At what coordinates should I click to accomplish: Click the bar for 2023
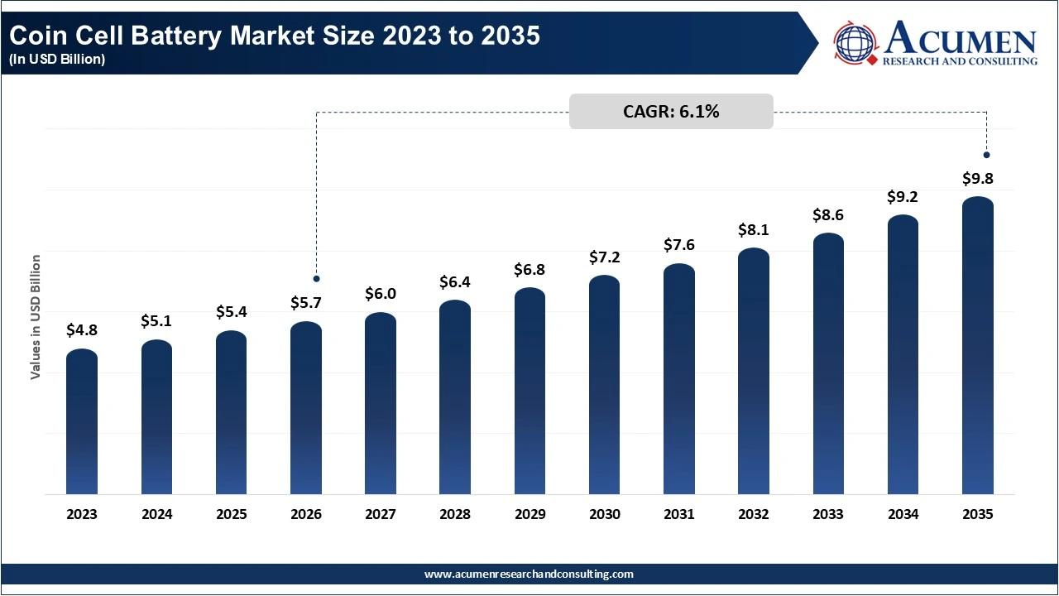coord(82,422)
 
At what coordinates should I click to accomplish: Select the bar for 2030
coord(605,385)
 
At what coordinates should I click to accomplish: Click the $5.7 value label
coord(306,303)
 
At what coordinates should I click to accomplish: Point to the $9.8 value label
coord(978,178)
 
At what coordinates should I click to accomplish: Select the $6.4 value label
coord(455,281)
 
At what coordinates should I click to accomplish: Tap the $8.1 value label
coord(754,229)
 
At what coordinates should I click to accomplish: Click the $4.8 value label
coord(82,330)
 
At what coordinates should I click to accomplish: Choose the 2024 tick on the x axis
coord(156,514)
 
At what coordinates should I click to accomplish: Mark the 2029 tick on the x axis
coord(529,514)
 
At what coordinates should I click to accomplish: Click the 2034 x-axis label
coord(903,514)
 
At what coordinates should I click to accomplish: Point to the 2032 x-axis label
coord(754,514)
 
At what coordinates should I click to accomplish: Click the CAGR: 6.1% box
coord(671,112)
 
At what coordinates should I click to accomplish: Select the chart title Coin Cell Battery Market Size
coord(273,36)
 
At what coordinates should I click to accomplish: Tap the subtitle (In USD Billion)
coord(57,60)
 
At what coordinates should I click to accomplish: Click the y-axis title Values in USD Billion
coord(36,317)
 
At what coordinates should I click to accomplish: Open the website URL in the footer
coord(529,574)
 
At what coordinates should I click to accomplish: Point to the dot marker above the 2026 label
coord(316,279)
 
